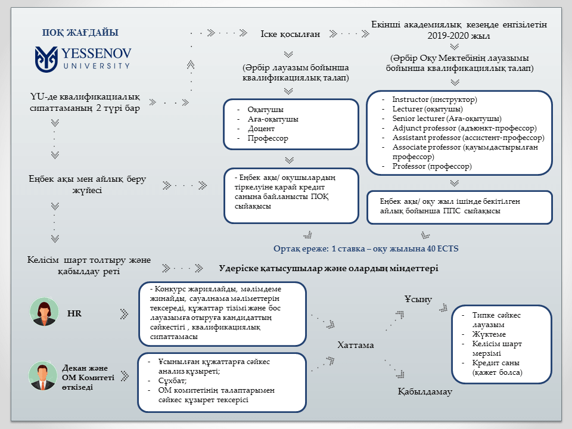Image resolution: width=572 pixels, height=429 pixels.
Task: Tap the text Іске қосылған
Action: (x=291, y=34)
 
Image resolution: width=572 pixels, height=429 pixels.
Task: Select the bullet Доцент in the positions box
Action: (x=262, y=129)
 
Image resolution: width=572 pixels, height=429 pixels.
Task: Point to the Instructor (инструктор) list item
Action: (x=434, y=100)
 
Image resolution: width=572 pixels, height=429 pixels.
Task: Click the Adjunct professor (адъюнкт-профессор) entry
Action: (x=464, y=128)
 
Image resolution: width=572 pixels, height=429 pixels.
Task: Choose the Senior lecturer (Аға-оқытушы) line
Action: (x=446, y=119)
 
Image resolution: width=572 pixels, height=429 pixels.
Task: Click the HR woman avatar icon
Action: (x=45, y=312)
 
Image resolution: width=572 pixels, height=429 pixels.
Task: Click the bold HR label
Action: (x=74, y=313)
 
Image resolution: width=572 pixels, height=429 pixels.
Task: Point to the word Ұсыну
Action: (x=418, y=299)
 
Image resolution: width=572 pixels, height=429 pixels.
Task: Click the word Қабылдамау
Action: (x=425, y=392)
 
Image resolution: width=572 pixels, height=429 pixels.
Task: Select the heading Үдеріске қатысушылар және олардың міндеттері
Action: (x=328, y=269)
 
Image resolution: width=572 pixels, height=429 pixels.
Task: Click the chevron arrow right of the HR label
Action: (x=124, y=313)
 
